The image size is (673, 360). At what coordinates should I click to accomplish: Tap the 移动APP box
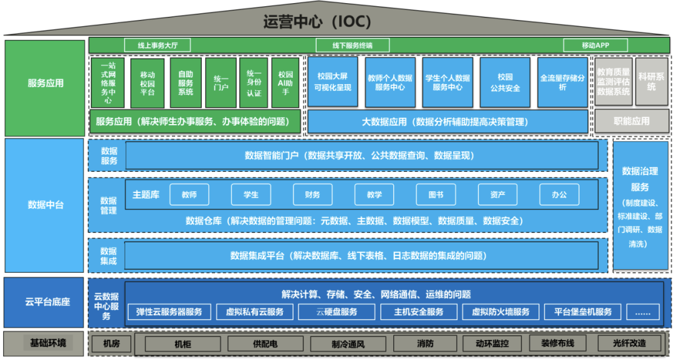[595, 45]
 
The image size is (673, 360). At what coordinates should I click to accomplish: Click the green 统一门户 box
[221, 83]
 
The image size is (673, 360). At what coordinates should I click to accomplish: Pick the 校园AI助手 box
[286, 83]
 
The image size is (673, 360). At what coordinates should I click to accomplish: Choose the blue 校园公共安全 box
[505, 82]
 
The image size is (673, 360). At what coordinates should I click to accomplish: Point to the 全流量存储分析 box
[562, 82]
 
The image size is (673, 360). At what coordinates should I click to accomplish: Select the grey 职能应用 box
[631, 121]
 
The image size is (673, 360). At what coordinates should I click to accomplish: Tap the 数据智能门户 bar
[361, 156]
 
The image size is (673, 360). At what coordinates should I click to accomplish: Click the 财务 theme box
[313, 195]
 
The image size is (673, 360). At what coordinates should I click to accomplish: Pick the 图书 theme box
[436, 195]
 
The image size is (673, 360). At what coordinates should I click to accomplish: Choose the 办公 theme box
[559, 195]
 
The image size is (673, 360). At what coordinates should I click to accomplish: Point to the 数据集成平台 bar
[361, 255]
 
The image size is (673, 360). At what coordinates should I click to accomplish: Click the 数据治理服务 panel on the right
[640, 206]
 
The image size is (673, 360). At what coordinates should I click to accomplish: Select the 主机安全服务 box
[419, 312]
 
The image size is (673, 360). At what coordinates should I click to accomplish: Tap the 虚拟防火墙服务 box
[500, 312]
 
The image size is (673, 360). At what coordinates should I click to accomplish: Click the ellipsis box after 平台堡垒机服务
[642, 312]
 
